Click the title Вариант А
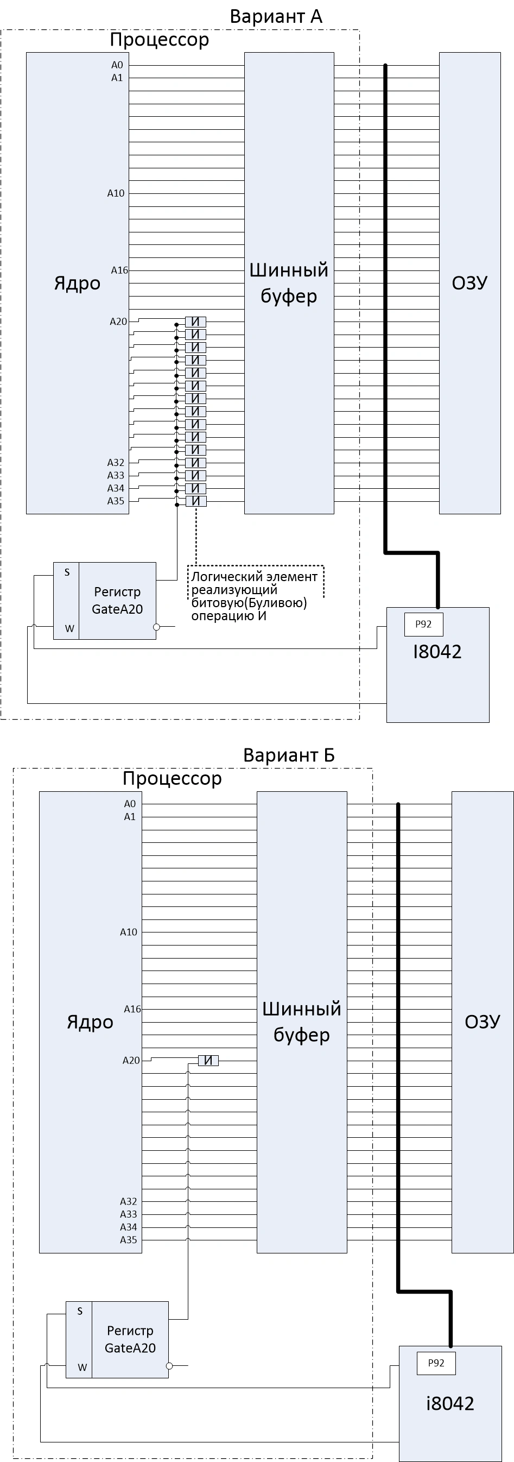[276, 16]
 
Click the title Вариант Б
[288, 755]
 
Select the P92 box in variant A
[423, 625]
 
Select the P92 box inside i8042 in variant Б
[436, 1363]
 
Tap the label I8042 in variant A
[437, 652]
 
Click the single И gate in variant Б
[208, 1060]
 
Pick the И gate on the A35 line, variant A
[196, 501]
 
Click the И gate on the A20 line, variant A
[196, 321]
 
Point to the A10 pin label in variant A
[116, 193]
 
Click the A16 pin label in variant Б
[132, 1009]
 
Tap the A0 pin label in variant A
[117, 65]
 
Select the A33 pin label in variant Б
[128, 1214]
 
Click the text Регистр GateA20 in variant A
[117, 601]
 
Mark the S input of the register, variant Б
[79, 1311]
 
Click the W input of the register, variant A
[69, 628]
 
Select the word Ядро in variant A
[77, 283]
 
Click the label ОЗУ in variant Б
[482, 1022]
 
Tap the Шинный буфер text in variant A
[289, 282]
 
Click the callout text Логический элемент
[253, 577]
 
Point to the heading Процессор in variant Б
[172, 778]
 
